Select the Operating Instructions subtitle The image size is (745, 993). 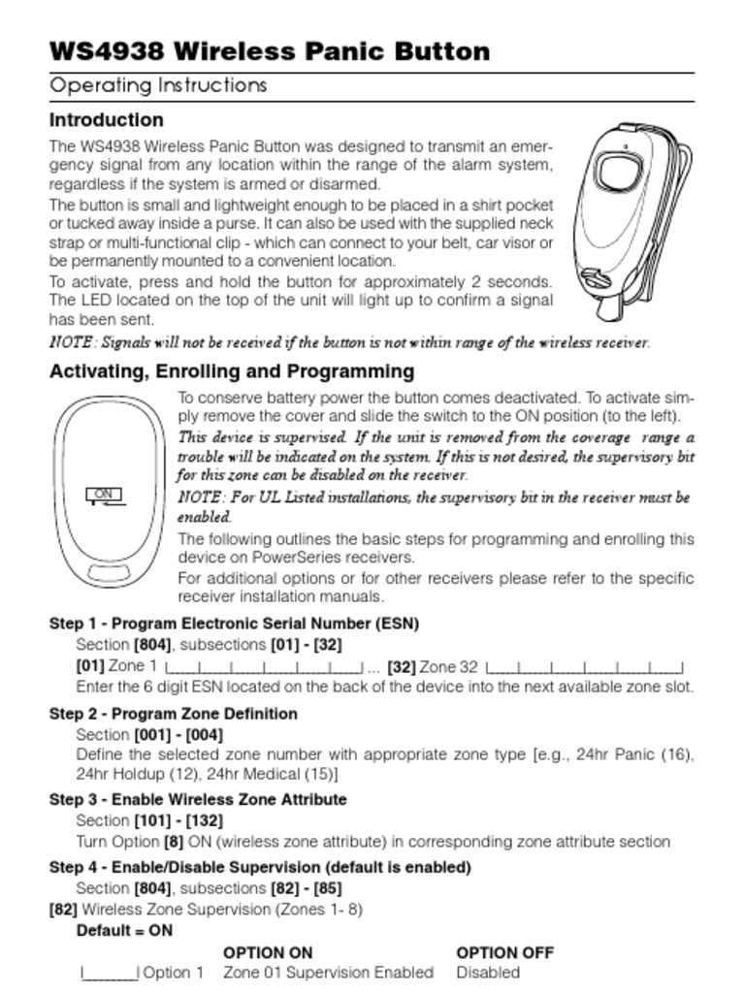158,85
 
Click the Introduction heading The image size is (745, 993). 107,120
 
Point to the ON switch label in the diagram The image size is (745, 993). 105,496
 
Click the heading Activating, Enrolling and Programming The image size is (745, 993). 232,371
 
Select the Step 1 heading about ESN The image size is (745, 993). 234,624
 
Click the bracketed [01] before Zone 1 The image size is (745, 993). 90,666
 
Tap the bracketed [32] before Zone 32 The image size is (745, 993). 401,666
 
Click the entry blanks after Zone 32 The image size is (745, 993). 585,668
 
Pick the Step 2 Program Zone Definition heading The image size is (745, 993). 174,714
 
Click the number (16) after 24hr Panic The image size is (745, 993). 677,754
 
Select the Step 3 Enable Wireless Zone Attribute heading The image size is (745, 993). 198,800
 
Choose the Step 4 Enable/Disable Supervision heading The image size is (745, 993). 260,867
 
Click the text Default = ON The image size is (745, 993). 124,930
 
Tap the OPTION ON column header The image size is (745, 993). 268,952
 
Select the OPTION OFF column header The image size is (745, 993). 505,952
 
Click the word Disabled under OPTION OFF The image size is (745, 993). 488,973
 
